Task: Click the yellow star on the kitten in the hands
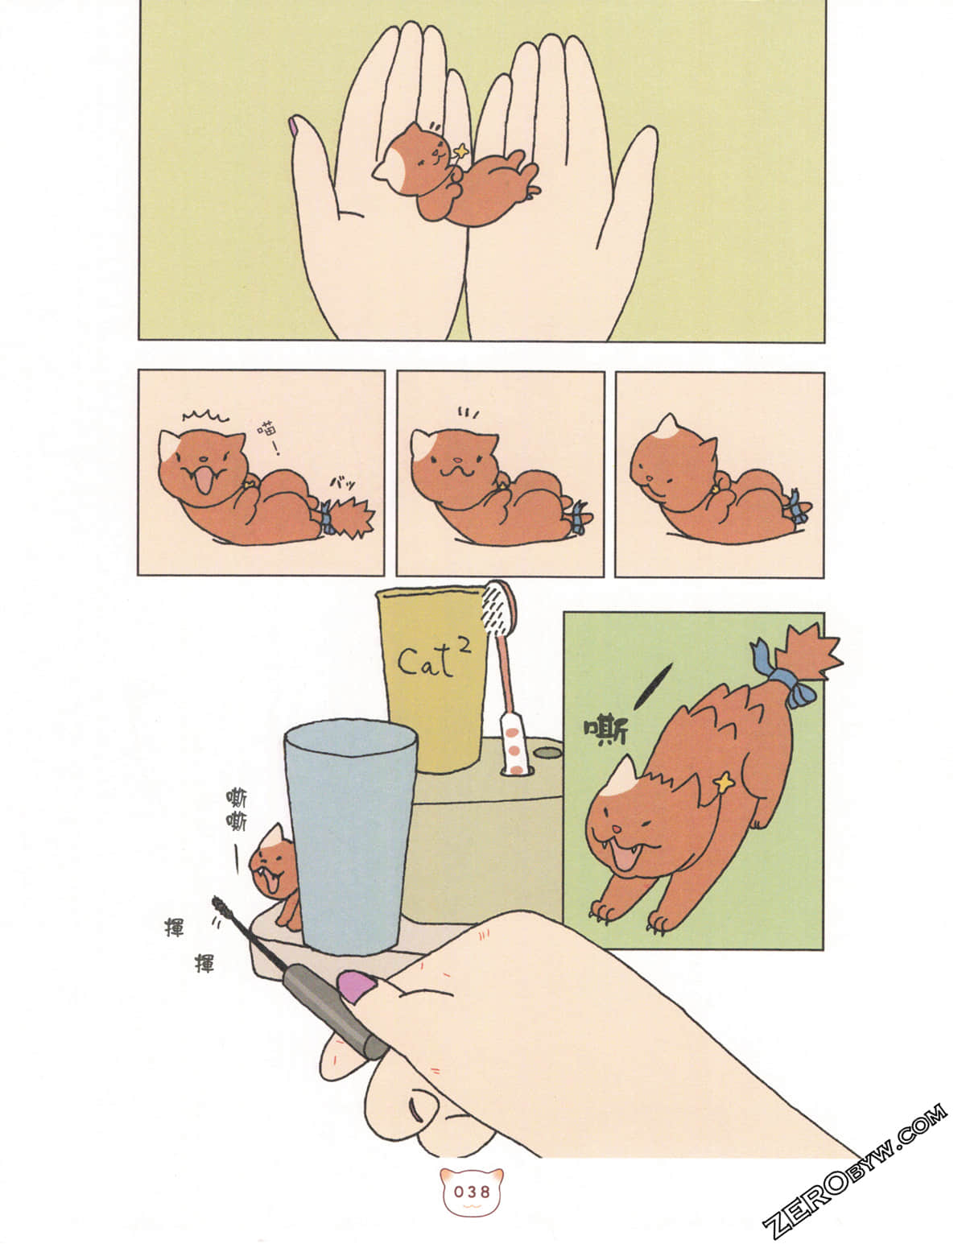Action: (x=462, y=151)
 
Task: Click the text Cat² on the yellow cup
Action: (x=434, y=659)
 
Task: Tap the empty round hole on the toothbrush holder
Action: (x=548, y=753)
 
